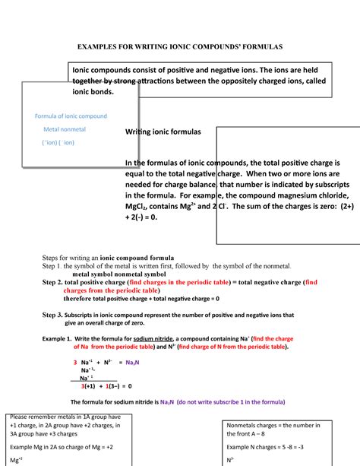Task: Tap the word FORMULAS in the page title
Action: (x=253, y=46)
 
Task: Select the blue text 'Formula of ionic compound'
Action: (x=71, y=116)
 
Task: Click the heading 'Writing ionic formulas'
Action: (x=163, y=132)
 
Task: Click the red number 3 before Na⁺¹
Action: (x=74, y=362)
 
